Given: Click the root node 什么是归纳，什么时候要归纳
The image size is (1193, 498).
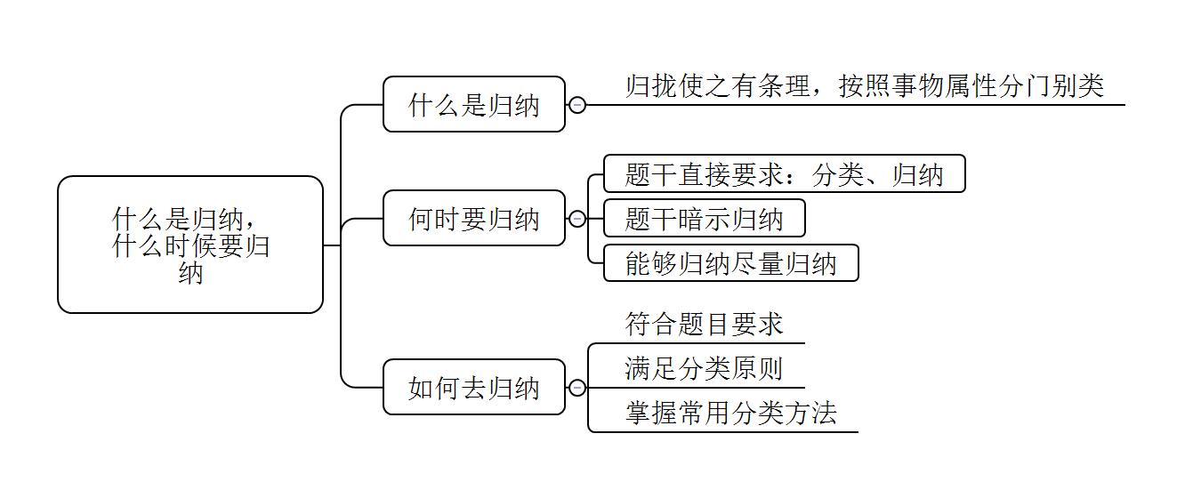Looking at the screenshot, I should [x=190, y=245].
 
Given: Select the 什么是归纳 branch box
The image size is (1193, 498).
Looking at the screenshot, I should [x=474, y=105].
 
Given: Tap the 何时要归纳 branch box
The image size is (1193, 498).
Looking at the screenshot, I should [x=474, y=218].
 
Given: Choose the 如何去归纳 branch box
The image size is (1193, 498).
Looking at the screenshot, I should [x=474, y=387].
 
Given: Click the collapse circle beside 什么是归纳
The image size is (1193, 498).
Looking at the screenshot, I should [x=577, y=105].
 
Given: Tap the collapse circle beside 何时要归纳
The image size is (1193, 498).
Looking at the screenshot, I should [x=577, y=218].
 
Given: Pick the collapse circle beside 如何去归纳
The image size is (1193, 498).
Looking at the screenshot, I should [x=577, y=387].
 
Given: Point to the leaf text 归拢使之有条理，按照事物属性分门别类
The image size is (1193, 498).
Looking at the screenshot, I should [x=864, y=86].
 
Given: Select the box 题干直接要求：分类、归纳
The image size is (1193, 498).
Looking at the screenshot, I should [x=784, y=173].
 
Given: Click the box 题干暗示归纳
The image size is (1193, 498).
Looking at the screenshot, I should [x=704, y=218].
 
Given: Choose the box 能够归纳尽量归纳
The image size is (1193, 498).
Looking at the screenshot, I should [x=730, y=263].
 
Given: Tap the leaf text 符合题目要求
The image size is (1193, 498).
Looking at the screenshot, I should [x=704, y=324].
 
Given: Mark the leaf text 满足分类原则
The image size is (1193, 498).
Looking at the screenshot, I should [x=704, y=368].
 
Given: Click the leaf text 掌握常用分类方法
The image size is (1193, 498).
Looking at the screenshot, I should [x=730, y=413].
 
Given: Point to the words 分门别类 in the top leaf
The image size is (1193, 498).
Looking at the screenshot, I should [x=1052, y=86].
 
